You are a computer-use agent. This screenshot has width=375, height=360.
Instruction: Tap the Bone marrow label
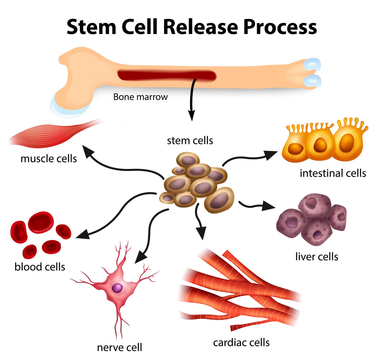coord(140,97)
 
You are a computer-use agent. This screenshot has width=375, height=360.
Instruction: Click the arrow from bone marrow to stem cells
coord(191,99)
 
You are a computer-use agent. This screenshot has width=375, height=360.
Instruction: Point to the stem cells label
coord(190,140)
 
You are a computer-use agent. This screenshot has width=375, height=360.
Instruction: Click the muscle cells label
coord(49,159)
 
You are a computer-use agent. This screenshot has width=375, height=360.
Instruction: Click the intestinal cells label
coord(333,172)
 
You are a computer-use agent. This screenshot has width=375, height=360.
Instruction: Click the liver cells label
coord(316,256)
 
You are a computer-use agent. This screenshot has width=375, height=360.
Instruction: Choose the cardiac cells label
coord(241,342)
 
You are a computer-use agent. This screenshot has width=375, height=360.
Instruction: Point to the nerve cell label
coord(119,347)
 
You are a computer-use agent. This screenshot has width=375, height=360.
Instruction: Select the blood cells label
coord(40,267)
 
